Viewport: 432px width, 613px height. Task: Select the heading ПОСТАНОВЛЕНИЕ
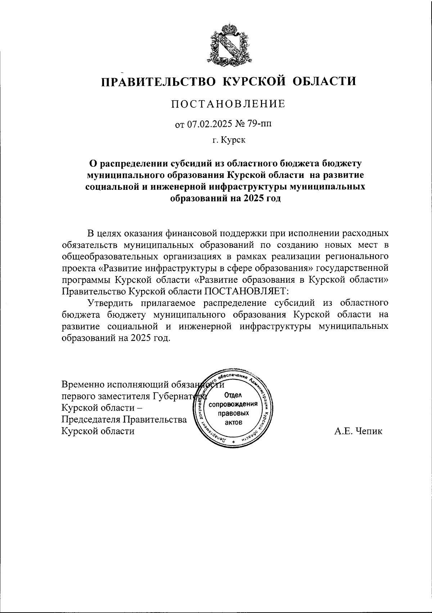[228, 104]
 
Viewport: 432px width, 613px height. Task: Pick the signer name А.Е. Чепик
[358, 431]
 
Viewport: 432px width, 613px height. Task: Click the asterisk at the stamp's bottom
[234, 442]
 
